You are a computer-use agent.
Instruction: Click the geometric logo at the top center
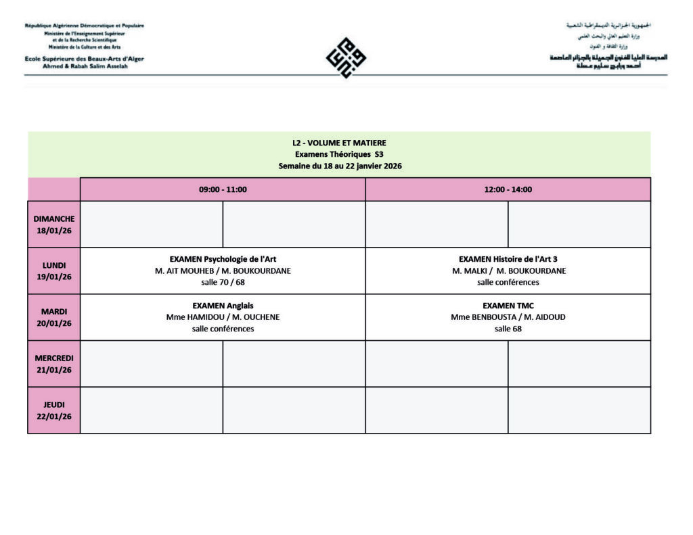tap(346, 57)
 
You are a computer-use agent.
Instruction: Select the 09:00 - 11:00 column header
tap(223, 189)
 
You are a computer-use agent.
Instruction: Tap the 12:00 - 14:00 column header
tap(508, 189)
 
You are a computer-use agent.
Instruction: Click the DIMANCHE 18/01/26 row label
tap(54, 224)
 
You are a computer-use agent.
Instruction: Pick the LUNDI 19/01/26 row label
tap(54, 271)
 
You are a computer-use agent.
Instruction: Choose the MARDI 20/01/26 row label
tap(54, 317)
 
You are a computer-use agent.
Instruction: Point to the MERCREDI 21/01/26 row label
tap(54, 364)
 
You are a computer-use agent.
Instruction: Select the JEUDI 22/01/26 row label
tap(54, 411)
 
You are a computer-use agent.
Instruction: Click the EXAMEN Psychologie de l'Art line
tap(223, 259)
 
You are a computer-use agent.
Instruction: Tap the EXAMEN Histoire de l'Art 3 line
tap(508, 259)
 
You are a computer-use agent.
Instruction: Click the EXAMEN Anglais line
tap(223, 306)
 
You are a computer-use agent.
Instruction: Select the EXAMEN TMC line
tap(508, 306)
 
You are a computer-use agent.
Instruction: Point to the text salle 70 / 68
tap(223, 282)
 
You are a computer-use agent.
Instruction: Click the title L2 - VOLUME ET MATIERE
tap(339, 143)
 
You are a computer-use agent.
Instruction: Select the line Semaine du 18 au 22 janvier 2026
tap(339, 166)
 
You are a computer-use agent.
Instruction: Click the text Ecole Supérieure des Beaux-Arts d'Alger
tap(84, 59)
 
